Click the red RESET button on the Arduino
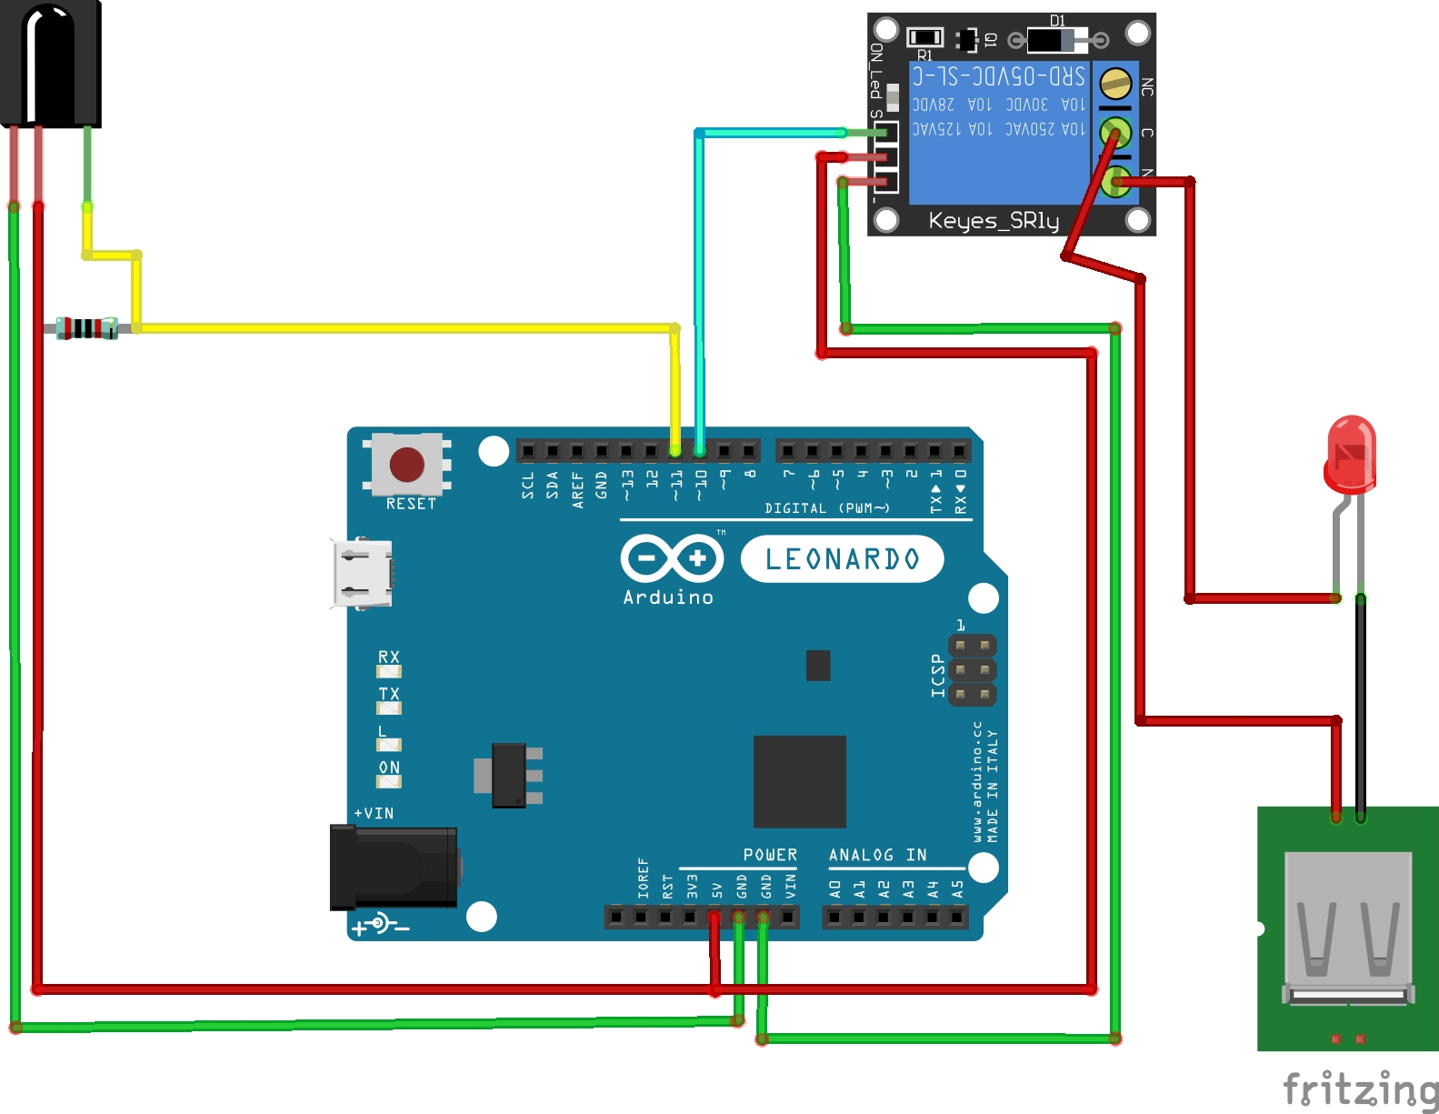pos(406,465)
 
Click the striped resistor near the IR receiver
pos(86,328)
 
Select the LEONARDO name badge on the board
pos(842,559)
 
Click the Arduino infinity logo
pos(672,558)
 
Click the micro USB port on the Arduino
pos(362,573)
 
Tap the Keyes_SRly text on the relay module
pos(994,221)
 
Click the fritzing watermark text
pos(1360,1089)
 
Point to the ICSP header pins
pos(972,670)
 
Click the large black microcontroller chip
pos(799,781)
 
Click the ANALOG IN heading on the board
pos(877,855)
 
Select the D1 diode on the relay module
pos(1056,39)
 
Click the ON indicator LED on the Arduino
pos(389,781)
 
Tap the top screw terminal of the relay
pos(1114,85)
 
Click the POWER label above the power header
pos(770,855)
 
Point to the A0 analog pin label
pos(834,889)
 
